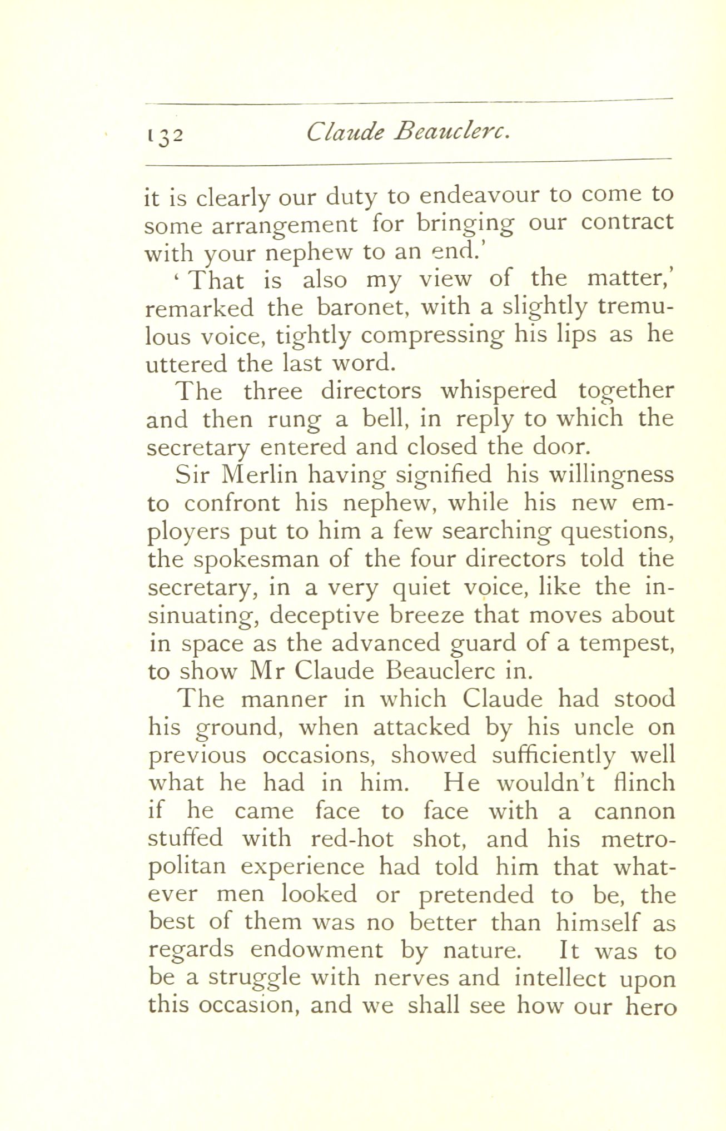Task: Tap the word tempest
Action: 626,643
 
